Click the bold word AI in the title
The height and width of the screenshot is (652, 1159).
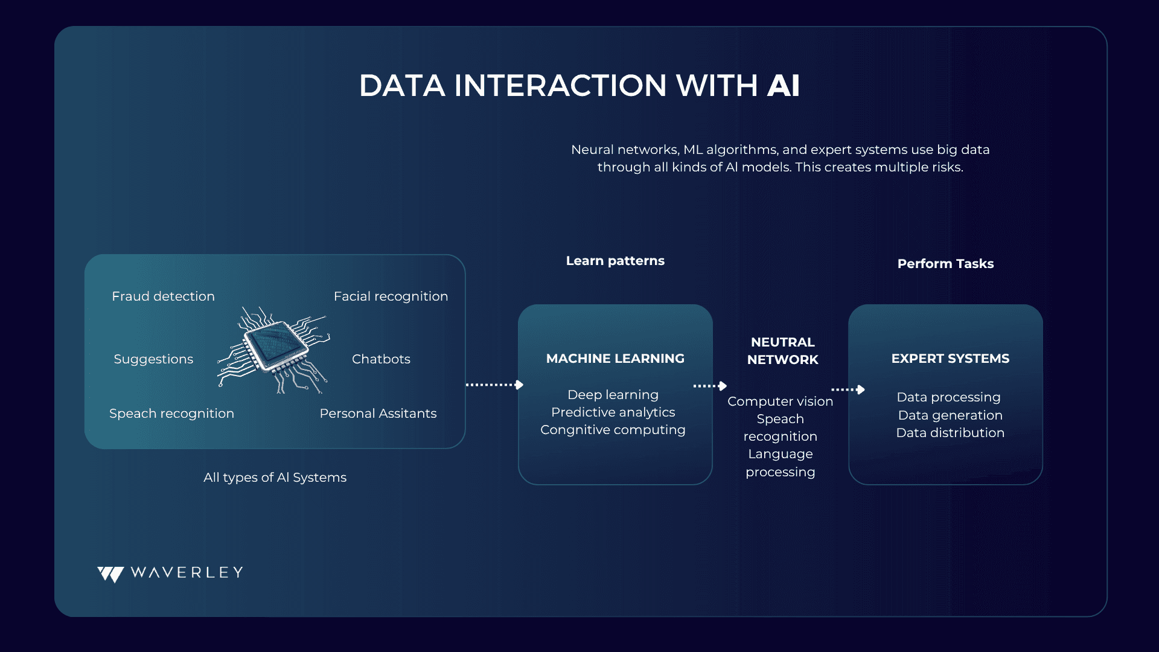pos(784,85)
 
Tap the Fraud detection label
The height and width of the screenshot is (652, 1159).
pos(163,296)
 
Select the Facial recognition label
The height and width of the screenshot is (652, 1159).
pos(391,296)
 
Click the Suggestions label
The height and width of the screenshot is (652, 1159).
pos(153,359)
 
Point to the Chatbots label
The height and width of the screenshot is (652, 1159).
pos(381,359)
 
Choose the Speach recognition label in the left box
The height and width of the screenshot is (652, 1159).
pos(171,414)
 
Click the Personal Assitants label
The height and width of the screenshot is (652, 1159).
pos(378,414)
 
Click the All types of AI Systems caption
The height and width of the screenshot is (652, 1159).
pos(275,478)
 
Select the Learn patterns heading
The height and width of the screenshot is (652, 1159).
pos(615,261)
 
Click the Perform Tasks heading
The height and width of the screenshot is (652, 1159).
pos(945,264)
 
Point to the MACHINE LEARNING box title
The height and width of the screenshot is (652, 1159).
pos(615,359)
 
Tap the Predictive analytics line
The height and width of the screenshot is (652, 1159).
pos(613,412)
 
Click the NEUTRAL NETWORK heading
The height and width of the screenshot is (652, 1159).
pos(783,351)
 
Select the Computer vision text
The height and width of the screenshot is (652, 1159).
pos(780,401)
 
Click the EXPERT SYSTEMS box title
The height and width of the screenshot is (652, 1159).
pos(950,359)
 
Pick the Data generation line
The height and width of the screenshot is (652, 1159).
pos(950,415)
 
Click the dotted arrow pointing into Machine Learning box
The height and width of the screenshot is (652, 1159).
pos(494,385)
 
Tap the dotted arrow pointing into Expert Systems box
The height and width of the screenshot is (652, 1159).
pos(848,389)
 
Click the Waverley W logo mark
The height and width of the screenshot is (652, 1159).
pos(111,574)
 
